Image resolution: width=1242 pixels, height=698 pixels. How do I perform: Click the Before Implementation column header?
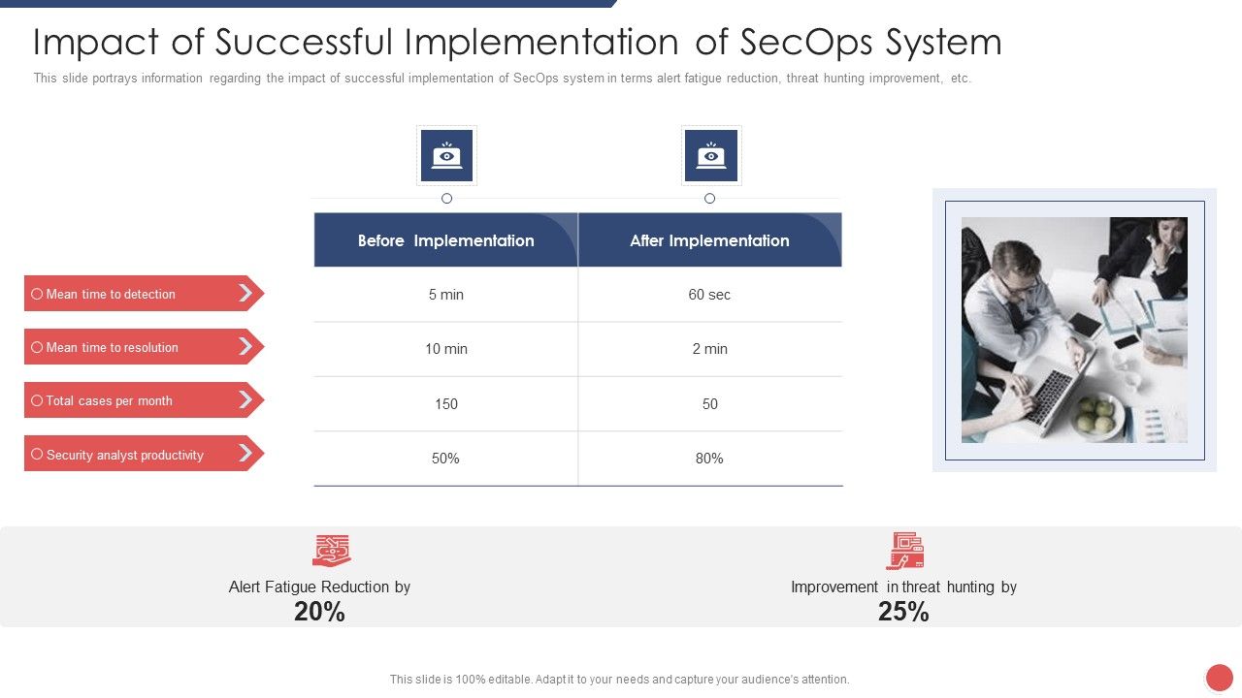pyautogui.click(x=445, y=240)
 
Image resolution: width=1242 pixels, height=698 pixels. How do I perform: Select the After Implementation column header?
pyautogui.click(x=709, y=240)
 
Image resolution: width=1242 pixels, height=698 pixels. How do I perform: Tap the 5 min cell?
pyautogui.click(x=445, y=295)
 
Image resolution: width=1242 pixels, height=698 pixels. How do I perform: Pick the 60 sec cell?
pyautogui.click(x=709, y=295)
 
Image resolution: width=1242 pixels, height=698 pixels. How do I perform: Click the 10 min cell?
pyautogui.click(x=445, y=349)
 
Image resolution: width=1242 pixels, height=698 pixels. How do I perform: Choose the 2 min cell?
pyautogui.click(x=709, y=349)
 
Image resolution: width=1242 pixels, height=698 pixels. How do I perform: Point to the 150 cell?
pyautogui.click(x=445, y=404)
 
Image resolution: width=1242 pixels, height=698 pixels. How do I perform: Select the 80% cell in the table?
pyautogui.click(x=709, y=459)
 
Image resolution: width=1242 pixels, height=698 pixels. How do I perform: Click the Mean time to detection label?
pyautogui.click(x=111, y=294)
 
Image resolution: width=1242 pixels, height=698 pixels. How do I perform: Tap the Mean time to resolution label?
pyautogui.click(x=112, y=347)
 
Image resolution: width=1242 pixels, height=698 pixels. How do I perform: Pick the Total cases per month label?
pyautogui.click(x=109, y=400)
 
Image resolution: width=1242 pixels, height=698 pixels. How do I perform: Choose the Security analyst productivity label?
pyautogui.click(x=124, y=455)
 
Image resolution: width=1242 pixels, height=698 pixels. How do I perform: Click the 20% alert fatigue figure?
pyautogui.click(x=319, y=612)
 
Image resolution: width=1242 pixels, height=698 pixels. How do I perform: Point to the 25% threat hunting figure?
pyautogui.click(x=903, y=612)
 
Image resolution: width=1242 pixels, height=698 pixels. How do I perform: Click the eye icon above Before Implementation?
pyautogui.click(x=446, y=155)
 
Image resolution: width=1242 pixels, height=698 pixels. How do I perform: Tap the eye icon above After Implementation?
pyautogui.click(x=711, y=155)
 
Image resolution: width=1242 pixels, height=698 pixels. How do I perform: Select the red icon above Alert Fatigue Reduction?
pyautogui.click(x=331, y=550)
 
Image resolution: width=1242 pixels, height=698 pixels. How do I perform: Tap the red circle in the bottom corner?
pyautogui.click(x=1219, y=678)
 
